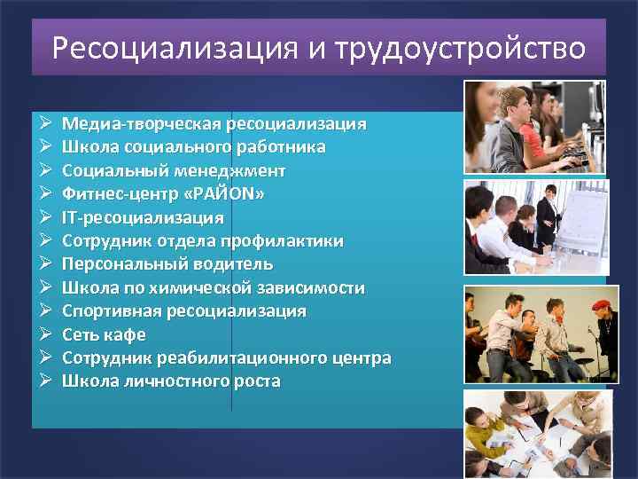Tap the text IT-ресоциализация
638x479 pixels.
click(143, 217)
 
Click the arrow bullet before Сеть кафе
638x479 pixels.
click(44, 335)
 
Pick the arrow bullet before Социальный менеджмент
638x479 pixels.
click(44, 170)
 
